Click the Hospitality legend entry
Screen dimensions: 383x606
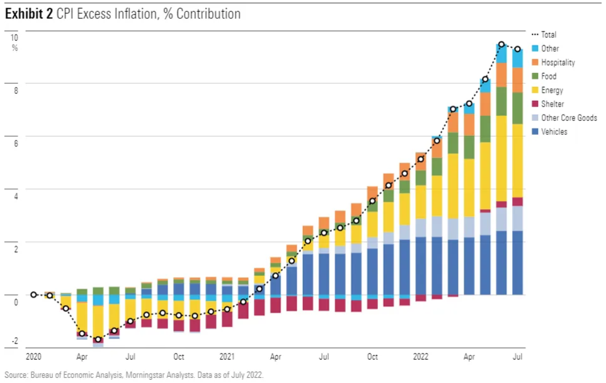557,62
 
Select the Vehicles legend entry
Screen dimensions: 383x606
554,132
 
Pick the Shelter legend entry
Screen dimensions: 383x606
552,104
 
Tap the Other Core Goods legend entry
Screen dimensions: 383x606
569,118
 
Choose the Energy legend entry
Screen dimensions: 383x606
552,90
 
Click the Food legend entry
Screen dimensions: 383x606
549,76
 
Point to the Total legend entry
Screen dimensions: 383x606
549,35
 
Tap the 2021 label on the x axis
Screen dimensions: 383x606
227,357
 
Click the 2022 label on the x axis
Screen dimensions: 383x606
421,357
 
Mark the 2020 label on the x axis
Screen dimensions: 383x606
34,357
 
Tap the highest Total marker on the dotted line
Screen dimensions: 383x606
501,45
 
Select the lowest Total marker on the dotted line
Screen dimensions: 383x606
98,340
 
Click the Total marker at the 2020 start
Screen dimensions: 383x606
34,295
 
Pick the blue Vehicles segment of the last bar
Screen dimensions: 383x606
517,263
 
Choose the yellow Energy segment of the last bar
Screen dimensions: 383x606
517,161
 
